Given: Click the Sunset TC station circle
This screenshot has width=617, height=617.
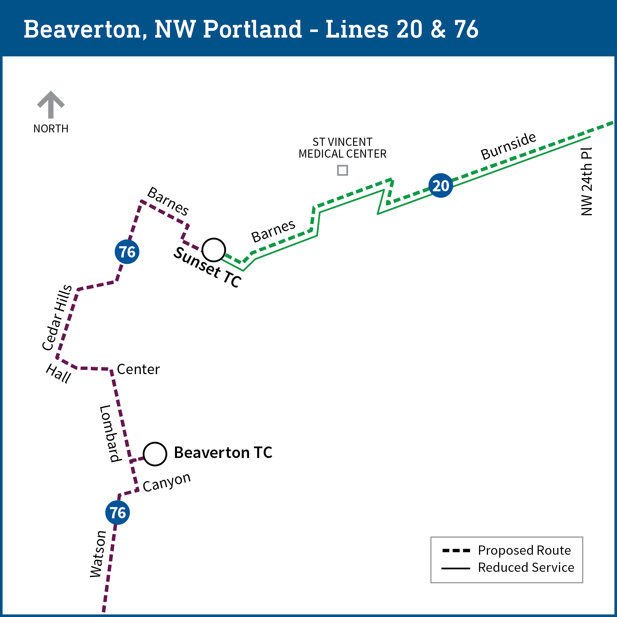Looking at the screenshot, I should tap(214, 250).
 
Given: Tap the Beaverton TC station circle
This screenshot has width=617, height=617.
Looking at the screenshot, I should tap(155, 454).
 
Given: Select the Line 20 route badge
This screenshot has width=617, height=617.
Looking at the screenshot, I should tap(440, 186).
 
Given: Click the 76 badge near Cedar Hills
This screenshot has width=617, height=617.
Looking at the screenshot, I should tap(127, 252).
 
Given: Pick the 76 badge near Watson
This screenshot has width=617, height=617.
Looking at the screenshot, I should tap(118, 513).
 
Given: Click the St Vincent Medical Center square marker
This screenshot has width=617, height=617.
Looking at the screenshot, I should tap(342, 170).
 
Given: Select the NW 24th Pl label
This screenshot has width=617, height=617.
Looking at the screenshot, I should tap(586, 181).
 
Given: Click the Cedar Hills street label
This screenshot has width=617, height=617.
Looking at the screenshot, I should tap(57, 317).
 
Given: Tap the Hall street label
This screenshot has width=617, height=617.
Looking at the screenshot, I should tap(58, 373).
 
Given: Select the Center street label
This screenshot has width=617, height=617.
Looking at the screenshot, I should tap(138, 369).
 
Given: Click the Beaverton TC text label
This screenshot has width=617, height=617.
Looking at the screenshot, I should tap(223, 453).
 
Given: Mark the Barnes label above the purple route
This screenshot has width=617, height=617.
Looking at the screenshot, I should tap(168, 201).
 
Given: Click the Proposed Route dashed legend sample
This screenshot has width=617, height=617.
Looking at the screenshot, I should tap(456, 551).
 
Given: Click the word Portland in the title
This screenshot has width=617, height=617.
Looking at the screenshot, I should tap(252, 29).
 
